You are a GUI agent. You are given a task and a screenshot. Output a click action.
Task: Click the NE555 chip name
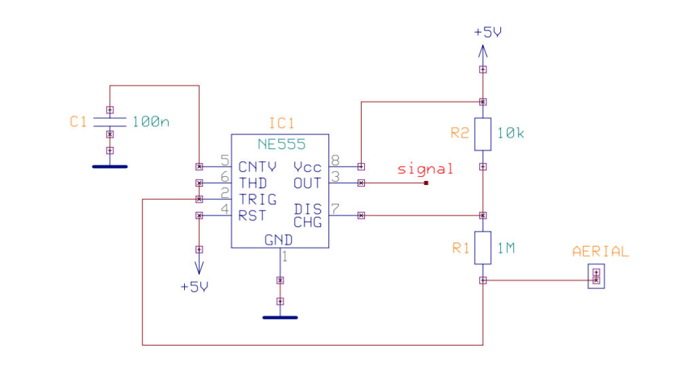[x=281, y=144]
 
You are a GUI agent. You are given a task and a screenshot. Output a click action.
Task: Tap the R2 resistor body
[x=483, y=134]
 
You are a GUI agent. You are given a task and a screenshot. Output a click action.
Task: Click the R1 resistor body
[x=483, y=248]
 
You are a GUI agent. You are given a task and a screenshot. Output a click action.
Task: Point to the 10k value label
[x=511, y=133]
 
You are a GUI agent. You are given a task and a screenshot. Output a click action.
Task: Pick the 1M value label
[x=506, y=248]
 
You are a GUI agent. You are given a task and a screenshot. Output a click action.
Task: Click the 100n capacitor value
[x=151, y=122]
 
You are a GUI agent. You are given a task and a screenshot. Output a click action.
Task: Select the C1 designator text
[x=79, y=122]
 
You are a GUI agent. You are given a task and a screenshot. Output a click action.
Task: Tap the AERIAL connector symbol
[x=596, y=276]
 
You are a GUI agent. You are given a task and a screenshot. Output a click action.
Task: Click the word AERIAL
[x=601, y=252]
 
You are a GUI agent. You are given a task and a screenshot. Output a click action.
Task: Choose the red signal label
[x=425, y=169]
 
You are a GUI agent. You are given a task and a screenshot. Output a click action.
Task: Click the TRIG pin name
[x=258, y=199]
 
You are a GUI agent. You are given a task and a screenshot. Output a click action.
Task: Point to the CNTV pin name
[x=258, y=167]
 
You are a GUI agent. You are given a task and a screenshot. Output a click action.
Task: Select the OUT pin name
[x=307, y=183]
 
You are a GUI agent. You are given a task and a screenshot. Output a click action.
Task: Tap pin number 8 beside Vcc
[x=335, y=160]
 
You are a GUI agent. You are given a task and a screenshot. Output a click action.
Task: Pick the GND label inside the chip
[x=279, y=240]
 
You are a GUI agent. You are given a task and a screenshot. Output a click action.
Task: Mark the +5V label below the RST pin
[x=194, y=287]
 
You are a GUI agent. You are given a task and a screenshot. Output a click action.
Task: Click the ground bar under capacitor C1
[x=110, y=165]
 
